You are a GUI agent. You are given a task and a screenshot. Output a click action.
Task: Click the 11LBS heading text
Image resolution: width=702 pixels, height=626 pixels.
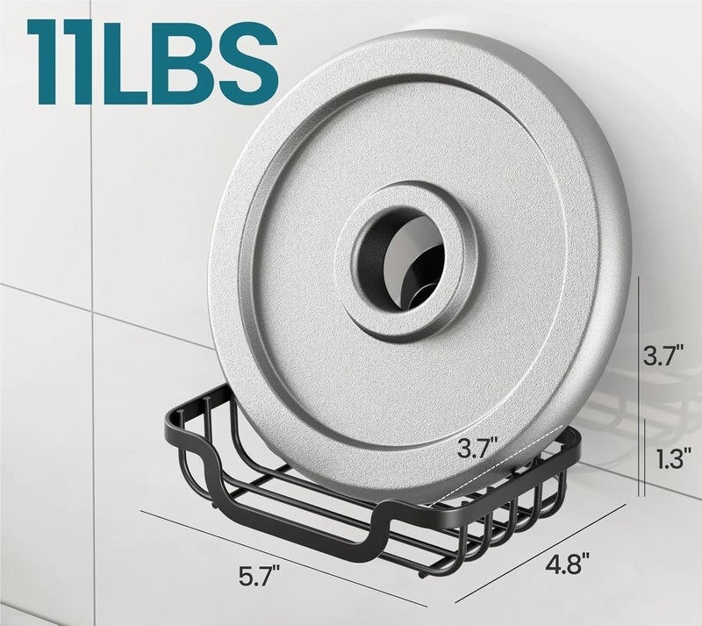152,62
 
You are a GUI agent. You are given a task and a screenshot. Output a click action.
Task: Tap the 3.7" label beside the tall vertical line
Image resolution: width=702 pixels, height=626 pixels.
664,356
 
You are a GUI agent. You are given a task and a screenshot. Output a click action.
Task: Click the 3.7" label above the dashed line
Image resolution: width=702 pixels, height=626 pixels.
477,448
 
